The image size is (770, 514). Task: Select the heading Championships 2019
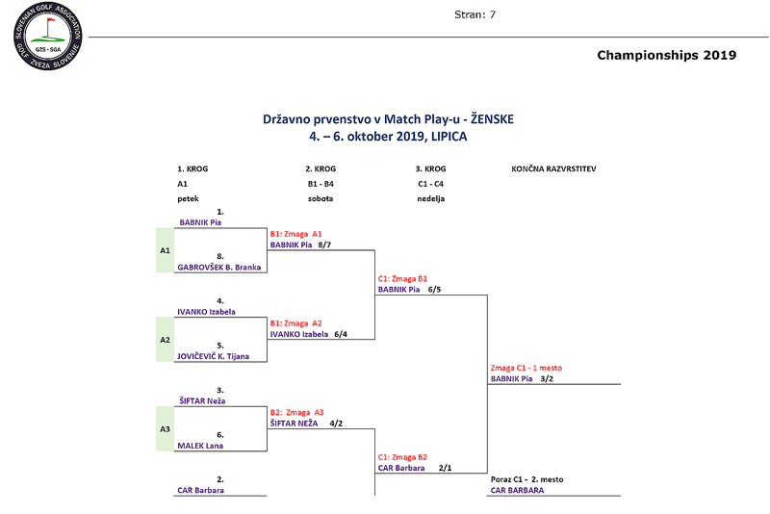click(x=666, y=55)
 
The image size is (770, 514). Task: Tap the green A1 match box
click(x=165, y=250)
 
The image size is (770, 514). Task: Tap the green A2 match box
click(x=165, y=340)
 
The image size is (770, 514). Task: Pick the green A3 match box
click(x=165, y=429)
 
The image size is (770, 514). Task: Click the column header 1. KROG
click(x=192, y=168)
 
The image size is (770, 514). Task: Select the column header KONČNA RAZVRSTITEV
click(x=553, y=168)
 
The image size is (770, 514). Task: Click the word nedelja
click(x=430, y=198)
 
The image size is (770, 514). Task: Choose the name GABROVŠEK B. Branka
click(x=219, y=268)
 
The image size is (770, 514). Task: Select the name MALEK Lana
click(x=200, y=446)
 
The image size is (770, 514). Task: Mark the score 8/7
click(x=325, y=245)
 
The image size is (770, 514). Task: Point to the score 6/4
click(x=341, y=335)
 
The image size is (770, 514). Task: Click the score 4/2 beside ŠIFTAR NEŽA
click(x=336, y=424)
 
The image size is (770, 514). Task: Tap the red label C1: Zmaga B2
click(x=402, y=456)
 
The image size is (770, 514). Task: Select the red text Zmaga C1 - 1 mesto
click(x=526, y=368)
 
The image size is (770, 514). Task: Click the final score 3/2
click(x=547, y=379)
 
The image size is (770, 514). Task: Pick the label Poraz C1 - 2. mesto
click(x=526, y=479)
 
